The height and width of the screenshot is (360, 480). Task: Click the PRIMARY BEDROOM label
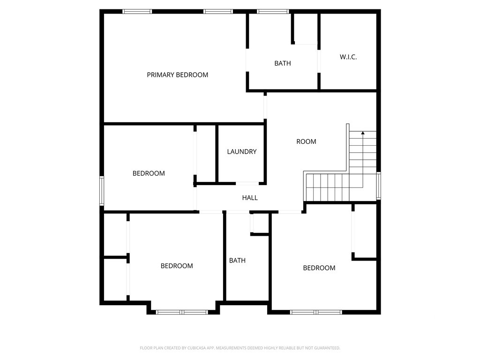pyautogui.click(x=178, y=75)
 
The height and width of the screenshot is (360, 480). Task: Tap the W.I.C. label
pyautogui.click(x=348, y=57)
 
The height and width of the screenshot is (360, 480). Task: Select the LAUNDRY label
pyautogui.click(x=242, y=151)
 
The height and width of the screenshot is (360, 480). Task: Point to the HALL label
pyautogui.click(x=250, y=198)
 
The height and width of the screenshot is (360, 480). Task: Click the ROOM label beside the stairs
pyautogui.click(x=306, y=142)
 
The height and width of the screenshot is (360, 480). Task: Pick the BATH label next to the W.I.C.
pyautogui.click(x=283, y=63)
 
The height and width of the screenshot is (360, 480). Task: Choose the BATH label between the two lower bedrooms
pyautogui.click(x=237, y=261)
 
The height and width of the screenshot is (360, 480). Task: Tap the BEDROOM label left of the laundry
pyautogui.click(x=149, y=173)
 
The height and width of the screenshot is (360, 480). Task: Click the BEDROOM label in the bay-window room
pyautogui.click(x=177, y=266)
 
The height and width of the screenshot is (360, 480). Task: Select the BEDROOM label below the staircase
pyautogui.click(x=319, y=268)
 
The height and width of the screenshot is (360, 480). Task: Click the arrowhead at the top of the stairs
pyautogui.click(x=363, y=133)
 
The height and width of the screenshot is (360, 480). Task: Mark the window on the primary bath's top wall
pyautogui.click(x=273, y=12)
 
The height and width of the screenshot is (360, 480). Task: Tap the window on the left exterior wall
pyautogui.click(x=102, y=190)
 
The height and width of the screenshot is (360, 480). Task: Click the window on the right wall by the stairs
pyautogui.click(x=379, y=186)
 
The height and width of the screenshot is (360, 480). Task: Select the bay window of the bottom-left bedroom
pyautogui.click(x=182, y=312)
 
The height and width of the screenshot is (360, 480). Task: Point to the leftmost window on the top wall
pyautogui.click(x=137, y=12)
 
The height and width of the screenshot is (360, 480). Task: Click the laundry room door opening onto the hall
pyautogui.click(x=247, y=183)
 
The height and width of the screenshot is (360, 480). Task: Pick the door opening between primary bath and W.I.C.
pyautogui.click(x=319, y=61)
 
